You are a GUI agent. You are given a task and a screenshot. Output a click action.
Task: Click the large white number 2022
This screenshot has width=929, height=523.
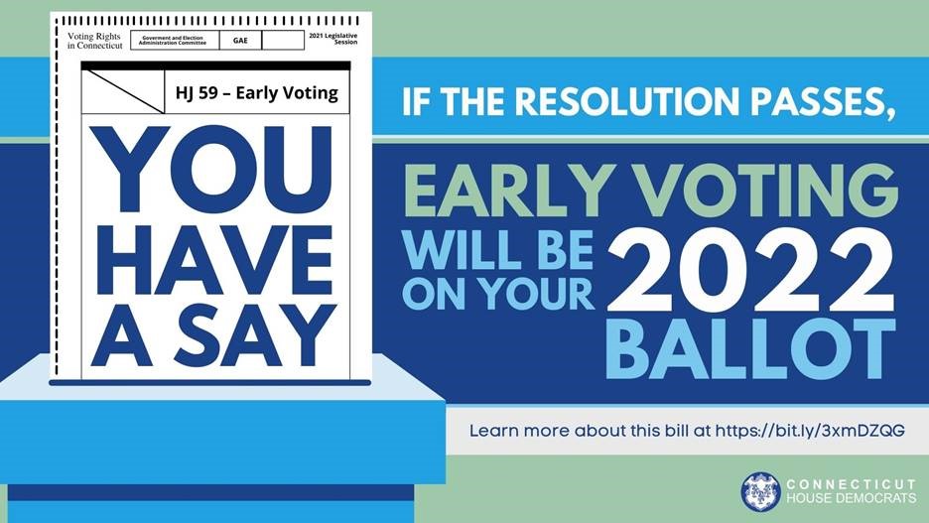pos(750,271)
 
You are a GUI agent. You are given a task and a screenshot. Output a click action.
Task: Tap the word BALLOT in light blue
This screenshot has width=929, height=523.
pos(750,349)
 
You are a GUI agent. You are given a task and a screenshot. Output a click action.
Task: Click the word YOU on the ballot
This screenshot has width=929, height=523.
pos(211,169)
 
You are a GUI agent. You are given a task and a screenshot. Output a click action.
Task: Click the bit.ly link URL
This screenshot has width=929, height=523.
pos(810,431)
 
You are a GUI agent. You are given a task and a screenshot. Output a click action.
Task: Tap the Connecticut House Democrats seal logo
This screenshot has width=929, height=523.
pos(760,491)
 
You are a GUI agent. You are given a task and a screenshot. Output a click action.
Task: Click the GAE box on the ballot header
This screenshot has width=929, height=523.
pos(240,41)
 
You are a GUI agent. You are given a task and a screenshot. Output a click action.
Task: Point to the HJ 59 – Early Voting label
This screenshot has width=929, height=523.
pos(256,93)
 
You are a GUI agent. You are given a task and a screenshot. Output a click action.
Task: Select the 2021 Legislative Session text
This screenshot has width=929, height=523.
pos(332,39)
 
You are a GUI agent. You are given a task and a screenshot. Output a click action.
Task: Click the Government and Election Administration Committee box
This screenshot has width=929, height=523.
pos(175,41)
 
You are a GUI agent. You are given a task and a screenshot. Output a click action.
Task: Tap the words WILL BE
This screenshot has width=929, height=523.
pos(497,249)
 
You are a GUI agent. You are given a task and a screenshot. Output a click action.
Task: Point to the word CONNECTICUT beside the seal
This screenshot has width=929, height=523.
pos(851,484)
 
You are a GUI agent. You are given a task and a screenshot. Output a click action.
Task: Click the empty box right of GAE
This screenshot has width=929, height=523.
pos(283,41)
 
